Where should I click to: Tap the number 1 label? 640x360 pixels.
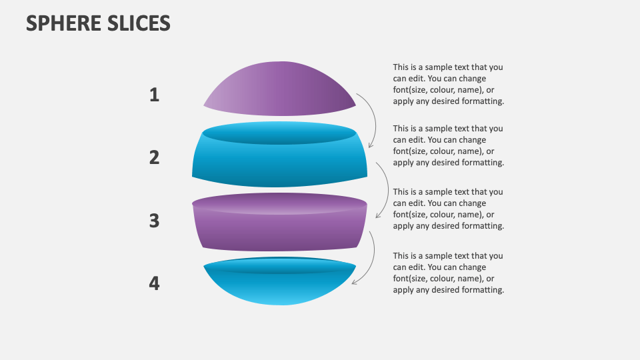[x=154, y=95]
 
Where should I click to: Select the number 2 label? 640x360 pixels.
[x=154, y=158]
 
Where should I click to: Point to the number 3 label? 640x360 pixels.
[x=154, y=221]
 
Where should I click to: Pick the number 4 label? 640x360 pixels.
[x=154, y=284]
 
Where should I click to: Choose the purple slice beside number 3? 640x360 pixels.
[x=279, y=230]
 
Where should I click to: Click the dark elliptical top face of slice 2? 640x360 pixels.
[x=279, y=133]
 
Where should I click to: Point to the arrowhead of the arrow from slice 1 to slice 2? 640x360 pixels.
[x=371, y=145]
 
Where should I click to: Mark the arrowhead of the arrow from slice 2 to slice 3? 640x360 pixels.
[x=378, y=216]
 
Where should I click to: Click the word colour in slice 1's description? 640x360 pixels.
[x=440, y=90]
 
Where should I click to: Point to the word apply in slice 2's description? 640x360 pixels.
[x=403, y=163]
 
